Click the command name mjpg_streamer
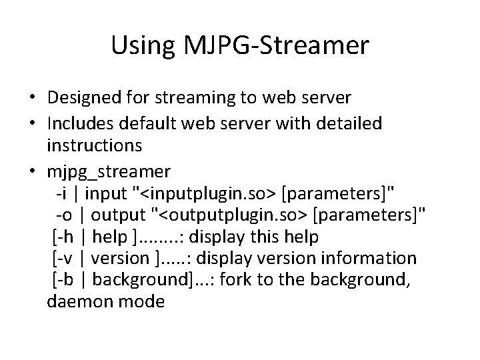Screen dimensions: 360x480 pos(109,171)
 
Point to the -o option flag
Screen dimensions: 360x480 pos(63,215)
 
